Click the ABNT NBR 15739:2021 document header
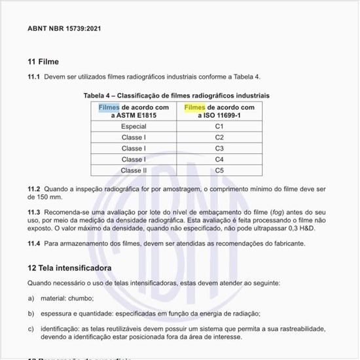[x=64, y=29]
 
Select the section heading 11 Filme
[x=43, y=62]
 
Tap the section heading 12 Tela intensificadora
[x=70, y=268]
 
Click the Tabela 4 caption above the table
[x=173, y=96]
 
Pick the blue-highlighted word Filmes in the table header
[x=109, y=107]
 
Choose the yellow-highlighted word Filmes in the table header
[x=194, y=107]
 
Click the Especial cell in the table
[x=134, y=126]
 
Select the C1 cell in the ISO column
[x=219, y=126]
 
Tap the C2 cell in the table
[x=219, y=137]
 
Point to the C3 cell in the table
[x=219, y=149]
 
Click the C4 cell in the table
[x=219, y=160]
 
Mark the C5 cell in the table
[x=219, y=171]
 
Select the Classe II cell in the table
[x=134, y=171]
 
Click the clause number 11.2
[x=33, y=189]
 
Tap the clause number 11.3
[x=33, y=213]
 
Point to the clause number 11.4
[x=33, y=243]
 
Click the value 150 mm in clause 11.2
[x=50, y=197]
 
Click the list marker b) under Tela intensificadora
[x=31, y=314]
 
